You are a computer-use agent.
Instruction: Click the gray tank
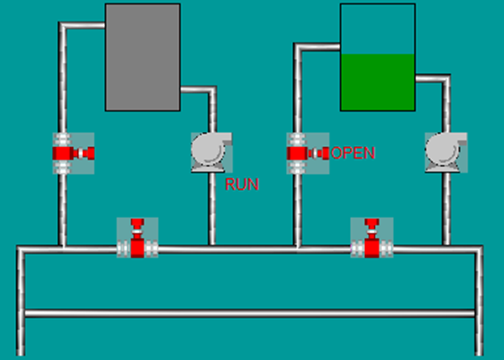point(142,57)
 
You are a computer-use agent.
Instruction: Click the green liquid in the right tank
point(378,82)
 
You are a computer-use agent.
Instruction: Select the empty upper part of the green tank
point(378,29)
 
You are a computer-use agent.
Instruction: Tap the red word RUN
point(241,184)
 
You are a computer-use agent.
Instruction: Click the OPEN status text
point(353,153)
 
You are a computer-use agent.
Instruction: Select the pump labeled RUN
point(212,152)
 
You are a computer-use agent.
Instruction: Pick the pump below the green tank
point(446,152)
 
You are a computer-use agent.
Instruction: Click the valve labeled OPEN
point(308,153)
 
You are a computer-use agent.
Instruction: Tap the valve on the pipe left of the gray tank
point(73,153)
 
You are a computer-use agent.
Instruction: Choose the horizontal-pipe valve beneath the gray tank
point(137,238)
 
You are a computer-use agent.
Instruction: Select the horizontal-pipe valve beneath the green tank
point(371,238)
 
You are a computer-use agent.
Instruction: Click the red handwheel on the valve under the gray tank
point(137,223)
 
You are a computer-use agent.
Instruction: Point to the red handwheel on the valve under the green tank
point(371,223)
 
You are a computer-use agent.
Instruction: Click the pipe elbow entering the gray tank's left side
point(62,26)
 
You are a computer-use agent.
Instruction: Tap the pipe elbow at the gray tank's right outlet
point(212,90)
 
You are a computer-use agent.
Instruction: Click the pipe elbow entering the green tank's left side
point(298,47)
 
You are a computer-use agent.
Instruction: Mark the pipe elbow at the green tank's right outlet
point(445,78)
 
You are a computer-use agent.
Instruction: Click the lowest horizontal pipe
point(249,314)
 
